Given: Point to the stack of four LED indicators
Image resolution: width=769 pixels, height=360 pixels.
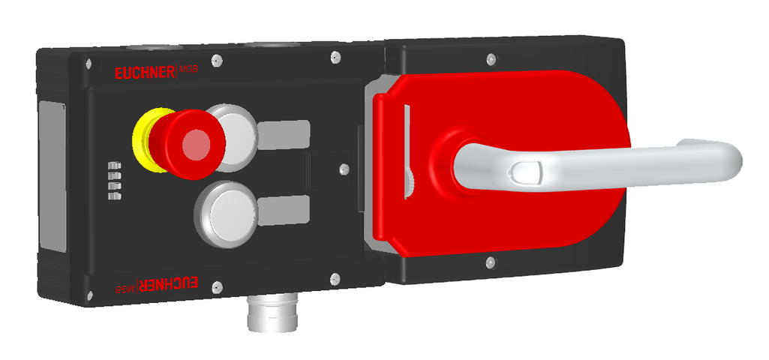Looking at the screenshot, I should tap(114, 180).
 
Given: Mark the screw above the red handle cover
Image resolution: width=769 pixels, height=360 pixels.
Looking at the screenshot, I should tap(490, 58).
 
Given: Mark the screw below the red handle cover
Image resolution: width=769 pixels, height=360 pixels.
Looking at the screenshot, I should tap(490, 262).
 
